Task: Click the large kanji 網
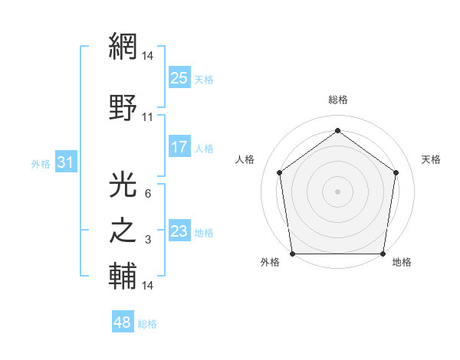(123, 47)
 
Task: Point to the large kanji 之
(123, 230)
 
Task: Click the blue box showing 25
(179, 77)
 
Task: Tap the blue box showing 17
(179, 148)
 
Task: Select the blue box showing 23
(179, 231)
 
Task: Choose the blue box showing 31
(65, 162)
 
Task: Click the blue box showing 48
(123, 323)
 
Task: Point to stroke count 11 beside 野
(148, 117)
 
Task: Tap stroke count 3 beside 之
(147, 241)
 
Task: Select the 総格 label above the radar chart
(338, 100)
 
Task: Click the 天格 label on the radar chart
(432, 159)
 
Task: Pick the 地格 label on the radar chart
(402, 262)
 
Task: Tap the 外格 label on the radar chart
(270, 262)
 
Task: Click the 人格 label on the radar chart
(245, 159)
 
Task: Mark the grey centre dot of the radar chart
(338, 191)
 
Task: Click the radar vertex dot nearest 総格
(338, 131)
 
